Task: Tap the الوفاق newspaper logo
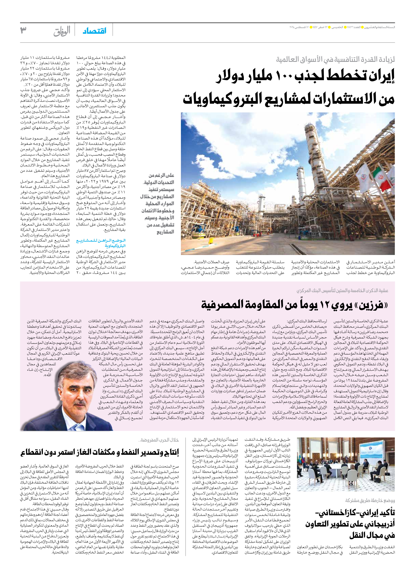[62, 31]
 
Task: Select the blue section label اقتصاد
[94, 31]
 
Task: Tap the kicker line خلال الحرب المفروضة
[159, 440]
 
